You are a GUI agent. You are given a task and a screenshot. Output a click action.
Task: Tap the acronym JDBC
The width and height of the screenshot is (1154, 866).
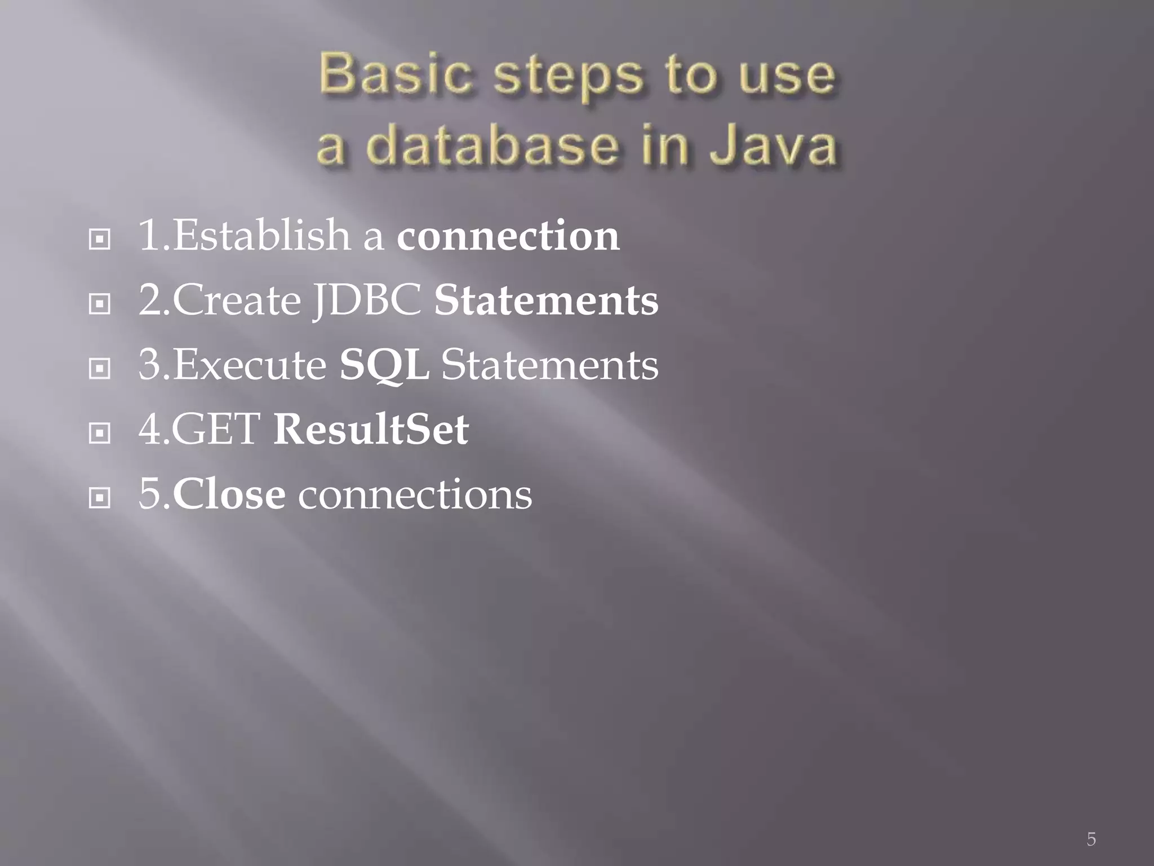click(367, 301)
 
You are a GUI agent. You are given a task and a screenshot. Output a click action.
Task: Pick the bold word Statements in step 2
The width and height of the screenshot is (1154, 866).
click(545, 301)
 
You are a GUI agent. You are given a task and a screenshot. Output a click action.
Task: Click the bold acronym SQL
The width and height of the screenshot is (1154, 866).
click(384, 365)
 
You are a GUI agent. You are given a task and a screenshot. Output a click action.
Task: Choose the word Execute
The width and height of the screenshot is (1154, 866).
click(250, 365)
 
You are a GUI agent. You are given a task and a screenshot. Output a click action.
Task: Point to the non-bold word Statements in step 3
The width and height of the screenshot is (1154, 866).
click(549, 365)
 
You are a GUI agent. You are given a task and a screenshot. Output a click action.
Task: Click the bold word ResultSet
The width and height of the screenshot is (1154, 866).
click(370, 430)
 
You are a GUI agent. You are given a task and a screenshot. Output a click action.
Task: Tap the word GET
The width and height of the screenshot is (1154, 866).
click(216, 430)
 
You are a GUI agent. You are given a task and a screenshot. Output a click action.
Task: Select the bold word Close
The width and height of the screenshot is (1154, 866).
click(229, 494)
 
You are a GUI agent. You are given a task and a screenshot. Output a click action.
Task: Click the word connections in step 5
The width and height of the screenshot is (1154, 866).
click(415, 494)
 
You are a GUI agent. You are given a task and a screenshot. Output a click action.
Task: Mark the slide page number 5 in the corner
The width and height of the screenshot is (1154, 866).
click(1091, 839)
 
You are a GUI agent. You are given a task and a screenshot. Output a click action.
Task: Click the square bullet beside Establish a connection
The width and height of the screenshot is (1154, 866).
click(100, 240)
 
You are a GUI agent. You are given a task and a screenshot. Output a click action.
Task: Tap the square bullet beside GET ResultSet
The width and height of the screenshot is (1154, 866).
click(100, 434)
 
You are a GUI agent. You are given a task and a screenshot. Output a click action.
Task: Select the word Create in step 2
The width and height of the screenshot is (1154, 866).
click(237, 301)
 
